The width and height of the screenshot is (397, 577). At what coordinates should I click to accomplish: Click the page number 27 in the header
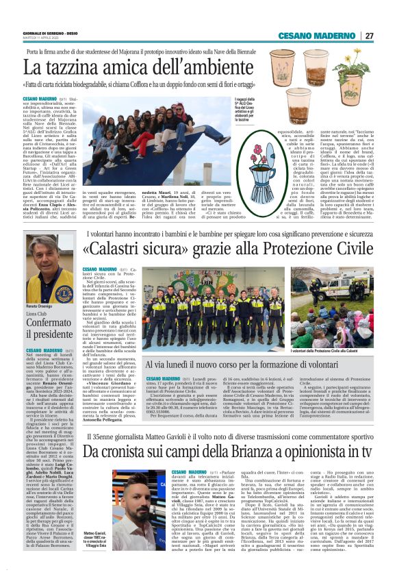click(x=369, y=36)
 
